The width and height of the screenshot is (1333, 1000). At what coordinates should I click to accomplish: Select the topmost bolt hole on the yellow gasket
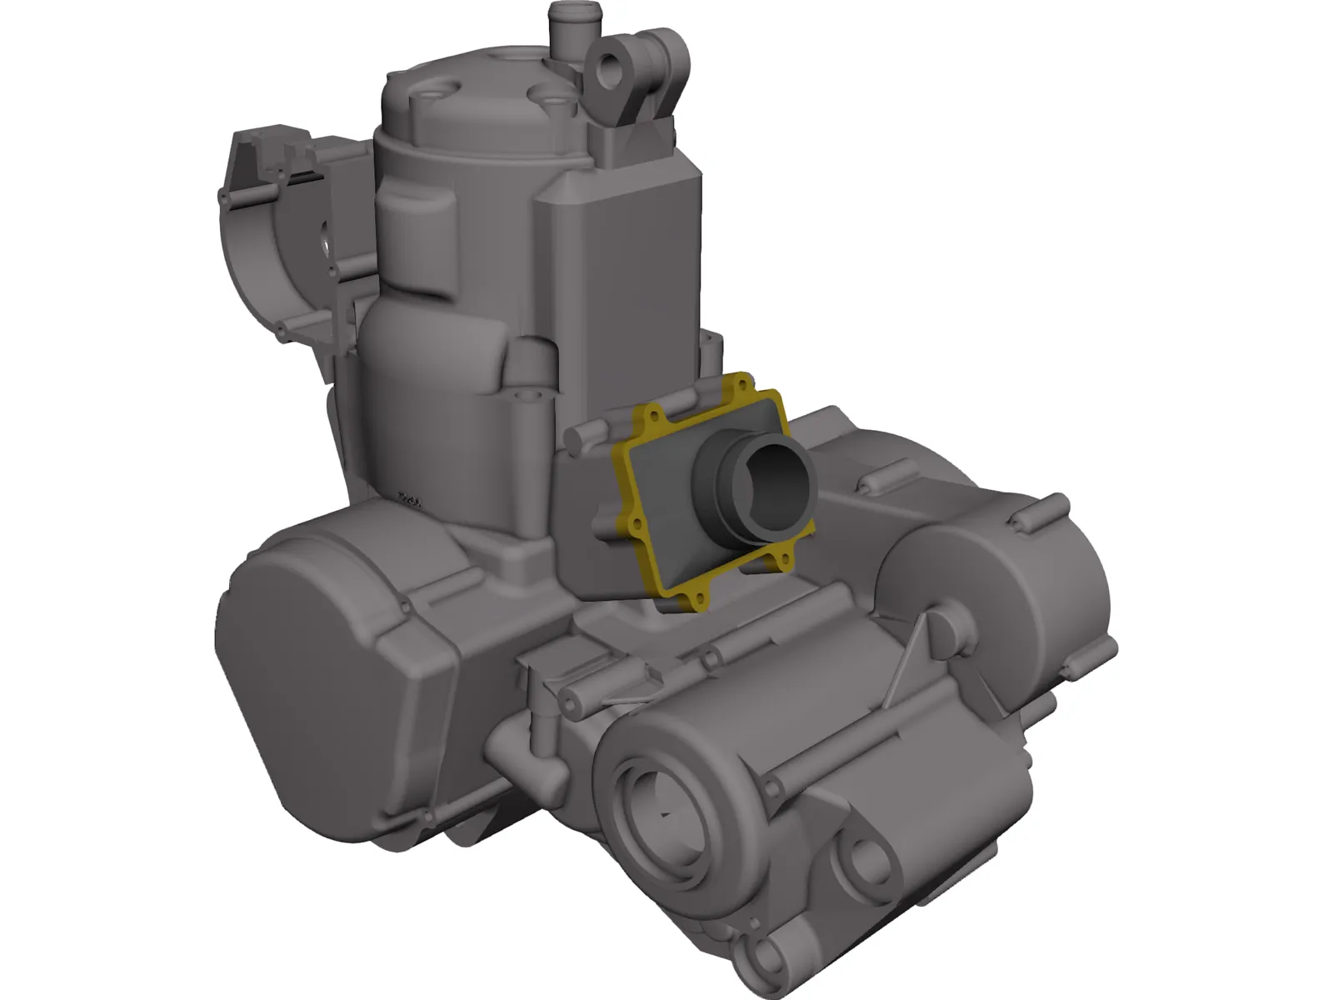739,385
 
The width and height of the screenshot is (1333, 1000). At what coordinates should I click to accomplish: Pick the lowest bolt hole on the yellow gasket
688,598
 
